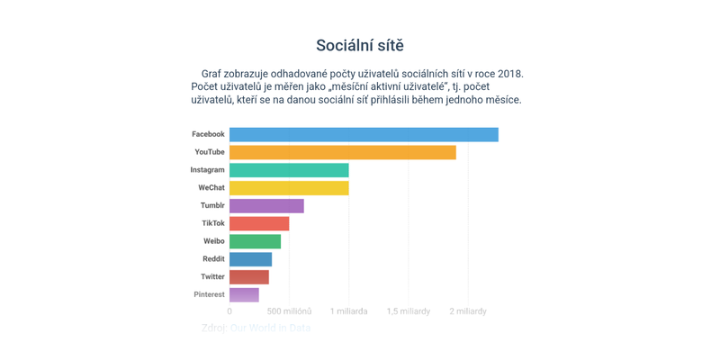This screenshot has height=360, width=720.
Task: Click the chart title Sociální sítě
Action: click(360, 45)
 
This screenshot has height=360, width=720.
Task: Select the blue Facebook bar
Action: click(364, 134)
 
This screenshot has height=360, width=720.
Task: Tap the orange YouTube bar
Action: click(342, 152)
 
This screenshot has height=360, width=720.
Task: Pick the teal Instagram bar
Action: click(289, 170)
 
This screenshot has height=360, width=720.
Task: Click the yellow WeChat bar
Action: click(289, 188)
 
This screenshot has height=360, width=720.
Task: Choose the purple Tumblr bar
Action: click(266, 206)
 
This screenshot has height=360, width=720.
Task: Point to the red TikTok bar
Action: click(259, 223)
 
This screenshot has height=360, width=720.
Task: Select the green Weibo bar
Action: click(255, 241)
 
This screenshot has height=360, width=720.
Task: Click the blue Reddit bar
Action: click(250, 259)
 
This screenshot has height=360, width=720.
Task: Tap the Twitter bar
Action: click(249, 277)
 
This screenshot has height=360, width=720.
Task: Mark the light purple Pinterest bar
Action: click(244, 294)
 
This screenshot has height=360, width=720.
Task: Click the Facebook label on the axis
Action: click(208, 134)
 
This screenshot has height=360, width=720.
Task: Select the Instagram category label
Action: click(207, 170)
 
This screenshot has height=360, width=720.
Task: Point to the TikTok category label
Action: click(213, 223)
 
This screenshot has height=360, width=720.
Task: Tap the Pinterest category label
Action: click(209, 294)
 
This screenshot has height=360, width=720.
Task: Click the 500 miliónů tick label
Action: click(289, 311)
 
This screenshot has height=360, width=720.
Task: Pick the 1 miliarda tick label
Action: click(348, 311)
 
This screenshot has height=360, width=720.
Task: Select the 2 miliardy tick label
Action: click(467, 311)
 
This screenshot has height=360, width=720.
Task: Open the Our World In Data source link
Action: click(270, 328)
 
